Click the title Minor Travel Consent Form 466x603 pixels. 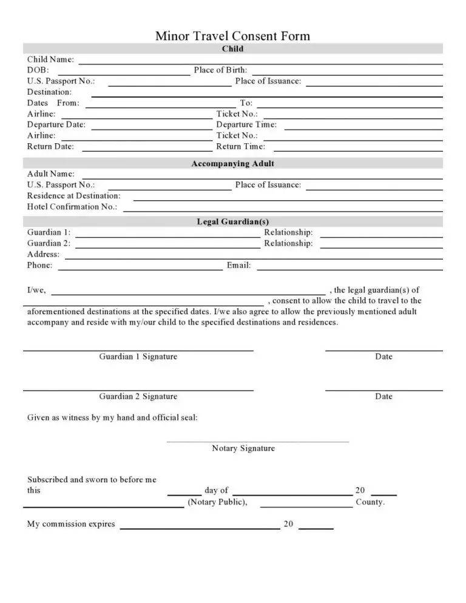[232, 36]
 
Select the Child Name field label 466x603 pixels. [51, 59]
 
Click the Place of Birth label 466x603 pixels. [220, 70]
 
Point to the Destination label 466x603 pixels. [49, 92]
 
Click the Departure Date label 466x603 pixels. [56, 125]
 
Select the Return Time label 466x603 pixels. [240, 147]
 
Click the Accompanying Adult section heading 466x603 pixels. [232, 164]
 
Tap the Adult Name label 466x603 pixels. [51, 174]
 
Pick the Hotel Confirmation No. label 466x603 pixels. [72, 207]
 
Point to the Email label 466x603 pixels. [238, 266]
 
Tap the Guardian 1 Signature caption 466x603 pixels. [138, 357]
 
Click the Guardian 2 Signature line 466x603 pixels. [138, 390]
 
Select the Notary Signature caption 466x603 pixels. [243, 449]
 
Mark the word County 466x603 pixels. [370, 503]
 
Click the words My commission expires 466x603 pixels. [71, 524]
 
